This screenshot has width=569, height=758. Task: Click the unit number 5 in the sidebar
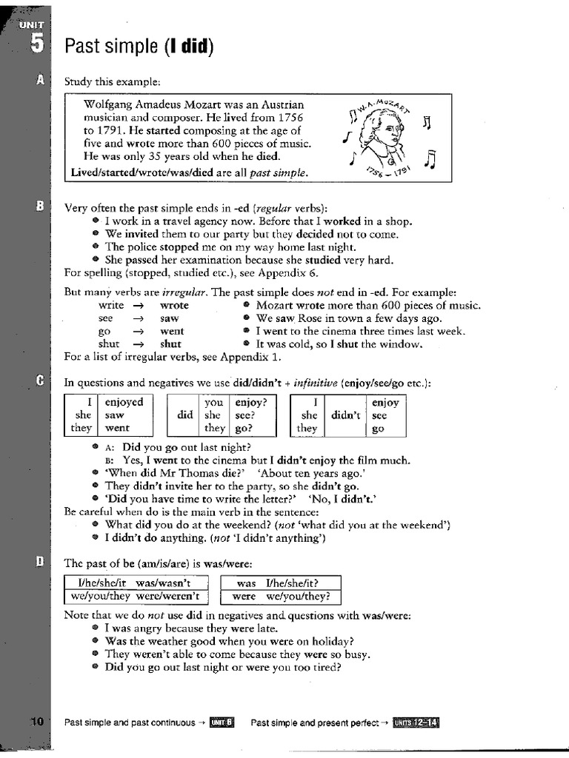pyautogui.click(x=37, y=45)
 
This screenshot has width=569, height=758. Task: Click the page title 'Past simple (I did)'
pyautogui.click(x=139, y=47)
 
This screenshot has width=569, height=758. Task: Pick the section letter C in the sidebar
pyautogui.click(x=40, y=380)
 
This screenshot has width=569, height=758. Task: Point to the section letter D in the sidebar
pyautogui.click(x=40, y=563)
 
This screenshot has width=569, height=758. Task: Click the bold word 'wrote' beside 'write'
pyautogui.click(x=174, y=305)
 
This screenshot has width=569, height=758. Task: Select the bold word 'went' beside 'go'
pyautogui.click(x=172, y=331)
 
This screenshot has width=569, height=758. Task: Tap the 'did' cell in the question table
pyautogui.click(x=184, y=415)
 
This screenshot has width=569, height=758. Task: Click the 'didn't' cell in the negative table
pyautogui.click(x=345, y=415)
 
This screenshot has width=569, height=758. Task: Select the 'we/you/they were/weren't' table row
pyautogui.click(x=136, y=596)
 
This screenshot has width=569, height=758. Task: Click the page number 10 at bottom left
pyautogui.click(x=38, y=722)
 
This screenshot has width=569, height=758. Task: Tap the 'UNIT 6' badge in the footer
pyautogui.click(x=222, y=722)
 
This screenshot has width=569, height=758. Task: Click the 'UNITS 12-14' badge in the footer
pyautogui.click(x=416, y=722)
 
